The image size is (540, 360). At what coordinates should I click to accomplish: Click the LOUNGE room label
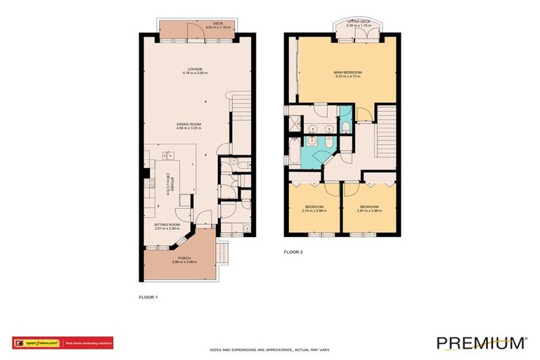pyautogui.click(x=195, y=69)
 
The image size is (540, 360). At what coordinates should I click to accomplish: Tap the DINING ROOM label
pyautogui.click(x=188, y=124)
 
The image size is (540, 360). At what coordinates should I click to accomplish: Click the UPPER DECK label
pyautogui.click(x=358, y=21)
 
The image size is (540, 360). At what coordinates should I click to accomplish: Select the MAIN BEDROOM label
pyautogui.click(x=347, y=72)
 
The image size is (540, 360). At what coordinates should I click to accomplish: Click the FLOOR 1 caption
pyautogui.click(x=148, y=297)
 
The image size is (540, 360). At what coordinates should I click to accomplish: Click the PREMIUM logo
pyautogui.click(x=482, y=342)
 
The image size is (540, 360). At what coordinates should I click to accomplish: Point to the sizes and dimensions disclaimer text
pyautogui.click(x=271, y=349)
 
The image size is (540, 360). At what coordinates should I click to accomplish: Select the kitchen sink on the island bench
pyautogui.click(x=168, y=155)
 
